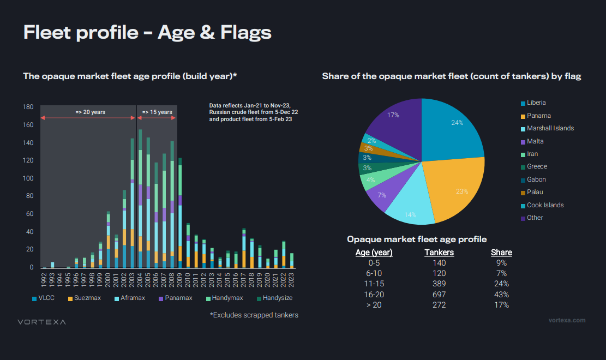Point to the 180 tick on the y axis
click(29, 107)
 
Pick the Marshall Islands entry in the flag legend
click(550, 128)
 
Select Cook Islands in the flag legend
click(545, 205)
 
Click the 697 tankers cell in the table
click(439, 295)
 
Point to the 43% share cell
click(501, 295)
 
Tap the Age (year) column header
click(374, 253)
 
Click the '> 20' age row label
click(374, 305)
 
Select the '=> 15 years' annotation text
click(157, 112)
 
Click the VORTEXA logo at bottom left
click(41, 322)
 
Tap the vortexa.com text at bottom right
click(567, 320)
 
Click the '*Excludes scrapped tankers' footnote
click(254, 315)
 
